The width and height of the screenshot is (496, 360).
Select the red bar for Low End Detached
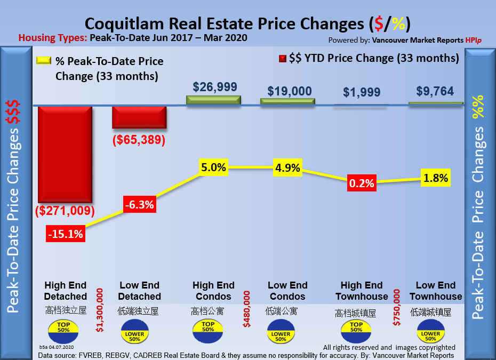coord(139,117)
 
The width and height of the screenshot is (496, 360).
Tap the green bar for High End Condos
coord(213,100)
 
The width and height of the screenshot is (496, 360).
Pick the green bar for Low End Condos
coord(287,101)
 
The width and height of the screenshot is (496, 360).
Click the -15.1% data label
coord(65,234)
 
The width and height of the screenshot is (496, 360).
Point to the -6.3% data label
coord(139,204)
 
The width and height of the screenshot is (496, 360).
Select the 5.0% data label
coord(213,167)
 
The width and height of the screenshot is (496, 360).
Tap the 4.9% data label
coord(287,168)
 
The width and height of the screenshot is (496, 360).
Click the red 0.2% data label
coord(362,183)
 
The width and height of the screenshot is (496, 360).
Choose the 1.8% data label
coord(436,178)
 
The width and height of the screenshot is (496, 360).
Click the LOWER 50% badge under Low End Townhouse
coord(430,334)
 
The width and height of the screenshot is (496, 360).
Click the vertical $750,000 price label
coord(396,307)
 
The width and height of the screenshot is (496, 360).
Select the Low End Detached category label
coord(139,291)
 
